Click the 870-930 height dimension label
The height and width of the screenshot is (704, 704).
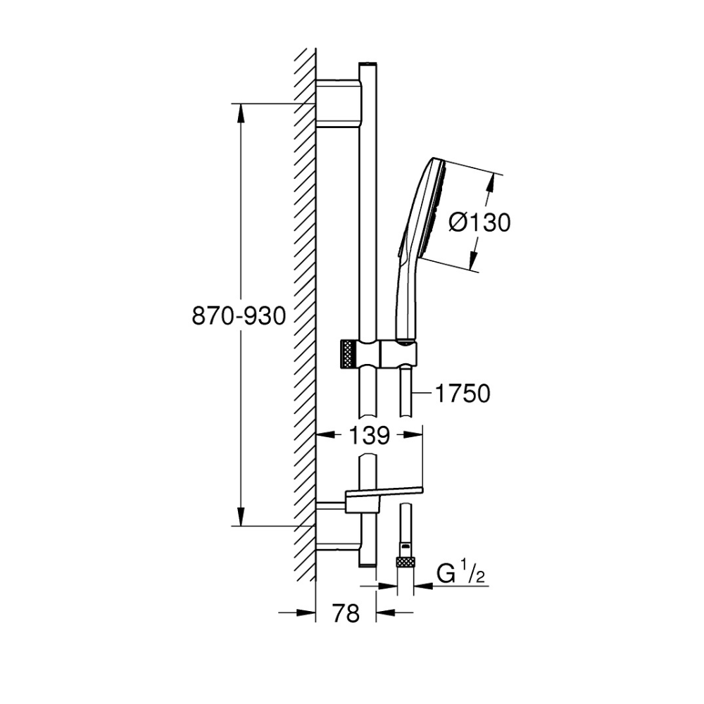point(239,316)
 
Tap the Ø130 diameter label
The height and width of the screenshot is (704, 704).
point(480,222)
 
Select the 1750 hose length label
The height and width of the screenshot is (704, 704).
point(463,394)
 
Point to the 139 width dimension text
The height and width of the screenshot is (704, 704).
point(369,435)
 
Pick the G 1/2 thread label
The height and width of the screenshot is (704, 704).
point(461,574)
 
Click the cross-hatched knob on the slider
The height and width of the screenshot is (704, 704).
point(348,355)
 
